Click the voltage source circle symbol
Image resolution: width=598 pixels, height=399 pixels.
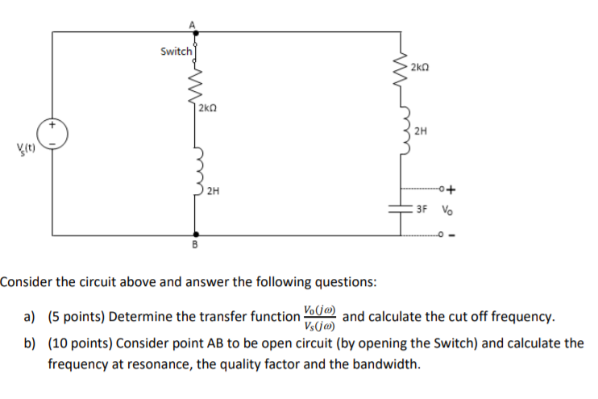pos(53,135)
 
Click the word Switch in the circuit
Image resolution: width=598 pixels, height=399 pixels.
pos(176,52)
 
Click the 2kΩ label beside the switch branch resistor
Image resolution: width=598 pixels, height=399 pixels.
pos(207,106)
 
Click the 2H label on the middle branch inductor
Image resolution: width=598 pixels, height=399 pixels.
pos(211,192)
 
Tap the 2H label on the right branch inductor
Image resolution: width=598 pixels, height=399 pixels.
pos(419,130)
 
